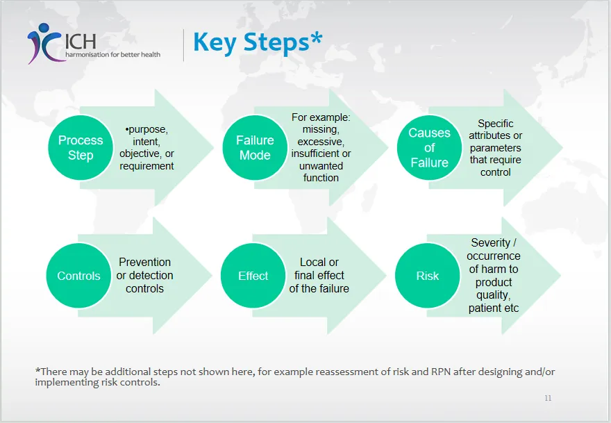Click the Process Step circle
pyautogui.click(x=81, y=147)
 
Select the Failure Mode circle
pyautogui.click(x=255, y=147)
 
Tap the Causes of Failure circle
pyautogui.click(x=429, y=147)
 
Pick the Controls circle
pyautogui.click(x=79, y=276)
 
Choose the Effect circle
pyautogui.click(x=253, y=276)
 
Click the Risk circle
pyautogui.click(x=428, y=276)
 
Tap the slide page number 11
pyautogui.click(x=548, y=398)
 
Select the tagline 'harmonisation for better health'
pyautogui.click(x=112, y=54)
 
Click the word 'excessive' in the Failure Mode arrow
pyautogui.click(x=321, y=142)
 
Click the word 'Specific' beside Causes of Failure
pyautogui.click(x=496, y=124)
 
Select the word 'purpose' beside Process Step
pyautogui.click(x=148, y=130)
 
